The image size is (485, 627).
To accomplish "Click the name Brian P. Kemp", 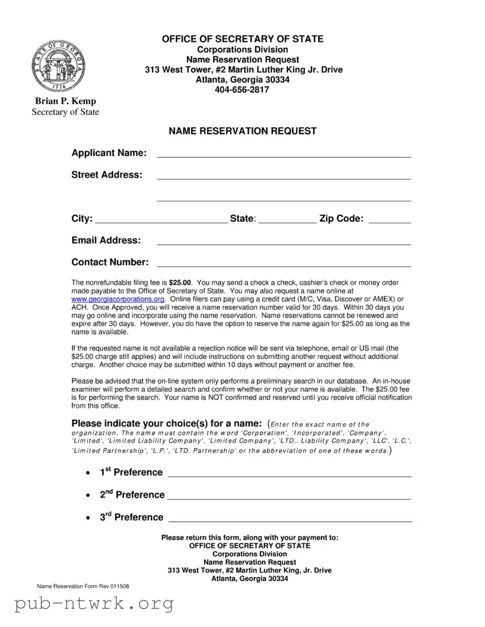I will pyautogui.click(x=65, y=101).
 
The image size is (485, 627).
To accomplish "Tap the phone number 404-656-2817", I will pyautogui.click(x=242, y=90).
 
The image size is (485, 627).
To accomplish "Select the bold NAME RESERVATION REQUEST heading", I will pyautogui.click(x=242, y=131).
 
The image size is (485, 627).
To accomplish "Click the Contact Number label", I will pyautogui.click(x=110, y=262).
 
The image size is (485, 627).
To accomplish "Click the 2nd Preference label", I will pyautogui.click(x=132, y=494).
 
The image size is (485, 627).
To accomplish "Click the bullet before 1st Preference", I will pyautogui.click(x=88, y=473).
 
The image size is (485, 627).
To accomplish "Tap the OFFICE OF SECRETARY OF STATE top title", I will pyautogui.click(x=242, y=39).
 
